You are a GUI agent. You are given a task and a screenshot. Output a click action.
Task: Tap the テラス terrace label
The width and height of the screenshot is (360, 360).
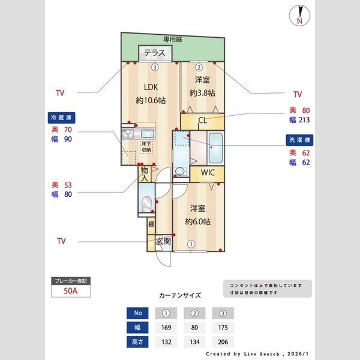coord(154,53)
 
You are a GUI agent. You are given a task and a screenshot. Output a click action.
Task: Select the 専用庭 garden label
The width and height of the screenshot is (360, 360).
coord(173,39)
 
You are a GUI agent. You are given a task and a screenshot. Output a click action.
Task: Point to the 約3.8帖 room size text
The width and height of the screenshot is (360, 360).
coord(202,93)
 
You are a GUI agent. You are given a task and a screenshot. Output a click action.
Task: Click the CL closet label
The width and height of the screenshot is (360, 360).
coord(202,120)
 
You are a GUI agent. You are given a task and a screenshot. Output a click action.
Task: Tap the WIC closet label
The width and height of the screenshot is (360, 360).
coord(208,173)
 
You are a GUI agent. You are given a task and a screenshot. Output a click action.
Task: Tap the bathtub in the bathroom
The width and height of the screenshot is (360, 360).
coord(215,148)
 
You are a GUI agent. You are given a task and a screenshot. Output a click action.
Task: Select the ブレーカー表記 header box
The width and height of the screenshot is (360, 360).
coord(71,281)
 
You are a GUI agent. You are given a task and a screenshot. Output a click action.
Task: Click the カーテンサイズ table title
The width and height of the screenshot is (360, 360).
coord(180,295)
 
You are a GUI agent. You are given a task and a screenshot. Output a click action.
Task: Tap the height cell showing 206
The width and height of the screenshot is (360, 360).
coord(223,343)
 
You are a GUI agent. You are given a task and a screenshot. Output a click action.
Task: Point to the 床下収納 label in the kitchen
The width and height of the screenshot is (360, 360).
coord(146,145)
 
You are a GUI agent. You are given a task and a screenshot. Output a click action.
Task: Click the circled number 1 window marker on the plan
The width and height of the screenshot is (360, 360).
coord(191,244)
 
